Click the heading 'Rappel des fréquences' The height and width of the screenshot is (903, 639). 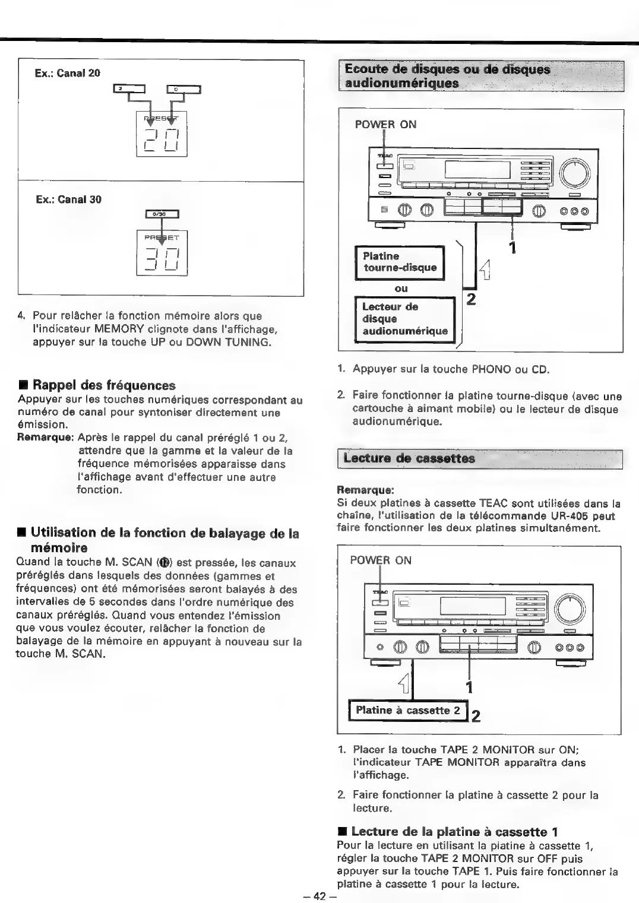click(104, 385)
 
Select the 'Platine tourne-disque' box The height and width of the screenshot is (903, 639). click(400, 262)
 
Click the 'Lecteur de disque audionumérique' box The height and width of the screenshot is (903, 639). click(404, 319)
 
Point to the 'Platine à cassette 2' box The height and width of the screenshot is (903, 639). click(407, 710)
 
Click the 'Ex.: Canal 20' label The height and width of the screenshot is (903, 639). click(68, 73)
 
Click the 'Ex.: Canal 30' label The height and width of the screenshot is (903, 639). click(68, 199)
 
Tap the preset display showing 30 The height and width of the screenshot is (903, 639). click(162, 253)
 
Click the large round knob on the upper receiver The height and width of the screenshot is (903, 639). click(575, 173)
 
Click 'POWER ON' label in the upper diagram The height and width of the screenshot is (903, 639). click(385, 125)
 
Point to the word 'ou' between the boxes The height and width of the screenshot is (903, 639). click(401, 289)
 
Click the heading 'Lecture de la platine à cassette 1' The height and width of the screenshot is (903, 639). click(454, 832)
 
